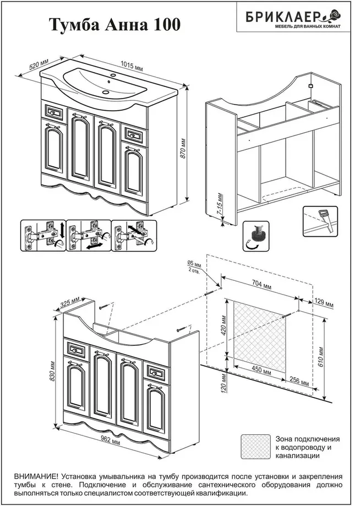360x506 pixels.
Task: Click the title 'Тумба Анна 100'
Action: (114, 25)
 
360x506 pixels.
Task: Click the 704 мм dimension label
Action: (263, 285)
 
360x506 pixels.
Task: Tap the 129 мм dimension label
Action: (324, 303)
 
